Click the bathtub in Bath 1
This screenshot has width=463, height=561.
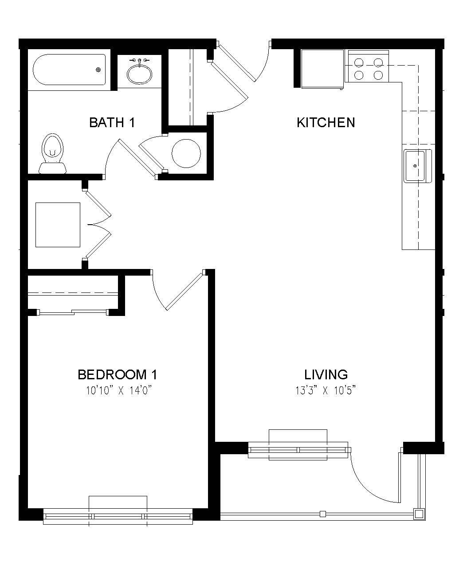tap(69, 70)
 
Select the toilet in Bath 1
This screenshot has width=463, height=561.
tap(52, 153)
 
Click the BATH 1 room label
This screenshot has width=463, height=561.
tap(112, 122)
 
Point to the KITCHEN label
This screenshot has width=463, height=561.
tap(326, 122)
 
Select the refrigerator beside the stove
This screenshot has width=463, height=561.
tap(322, 69)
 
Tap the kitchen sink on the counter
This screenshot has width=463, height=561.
tap(417, 166)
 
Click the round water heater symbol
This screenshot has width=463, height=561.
tap(186, 153)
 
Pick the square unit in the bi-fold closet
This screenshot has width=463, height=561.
tap(58, 225)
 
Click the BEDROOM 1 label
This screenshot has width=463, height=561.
tap(117, 375)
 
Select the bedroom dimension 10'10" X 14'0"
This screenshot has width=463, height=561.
tap(117, 390)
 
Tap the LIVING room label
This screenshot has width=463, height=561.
tap(326, 375)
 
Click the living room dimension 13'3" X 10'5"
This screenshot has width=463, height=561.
tap(326, 390)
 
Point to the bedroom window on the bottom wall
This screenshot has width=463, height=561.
tap(118, 516)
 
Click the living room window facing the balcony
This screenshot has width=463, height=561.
tap(298, 451)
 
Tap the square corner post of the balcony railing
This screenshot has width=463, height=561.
tap(419, 514)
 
